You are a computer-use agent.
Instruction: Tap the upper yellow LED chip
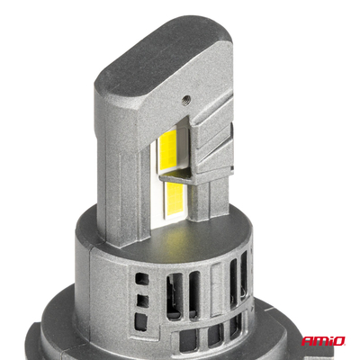[167, 151]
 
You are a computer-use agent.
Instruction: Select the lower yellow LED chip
[173, 196]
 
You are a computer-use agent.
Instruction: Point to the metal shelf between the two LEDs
[177, 175]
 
